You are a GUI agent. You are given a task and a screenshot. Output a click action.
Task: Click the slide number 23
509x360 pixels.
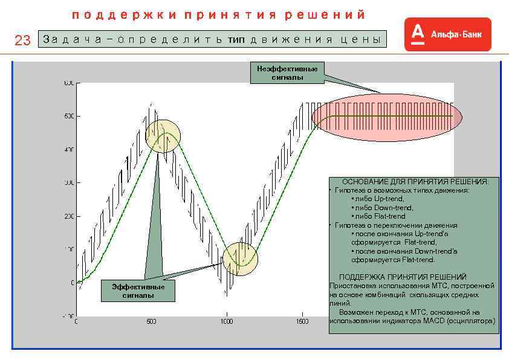tap(22, 40)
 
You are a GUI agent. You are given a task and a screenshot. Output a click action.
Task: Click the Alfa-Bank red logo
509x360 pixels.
tap(447, 34)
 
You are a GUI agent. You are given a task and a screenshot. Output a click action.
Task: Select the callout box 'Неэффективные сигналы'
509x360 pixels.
tap(287, 72)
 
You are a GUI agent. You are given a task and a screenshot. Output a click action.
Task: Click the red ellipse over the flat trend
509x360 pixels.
tap(386, 117)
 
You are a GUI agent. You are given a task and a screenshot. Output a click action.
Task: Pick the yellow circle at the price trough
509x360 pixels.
tap(240, 259)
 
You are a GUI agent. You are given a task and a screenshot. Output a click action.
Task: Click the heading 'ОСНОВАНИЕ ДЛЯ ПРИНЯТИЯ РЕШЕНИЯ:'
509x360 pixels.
tap(415, 181)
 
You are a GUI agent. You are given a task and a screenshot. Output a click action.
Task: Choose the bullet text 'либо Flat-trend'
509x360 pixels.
tap(380, 216)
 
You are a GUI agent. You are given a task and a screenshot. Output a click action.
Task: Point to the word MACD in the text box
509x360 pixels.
tap(427, 321)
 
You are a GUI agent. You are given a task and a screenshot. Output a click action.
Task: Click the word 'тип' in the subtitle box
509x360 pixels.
tap(237, 40)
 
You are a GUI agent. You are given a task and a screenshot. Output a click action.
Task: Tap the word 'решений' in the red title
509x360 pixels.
tap(326, 14)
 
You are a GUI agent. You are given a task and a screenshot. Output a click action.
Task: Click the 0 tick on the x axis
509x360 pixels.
tap(76, 322)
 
